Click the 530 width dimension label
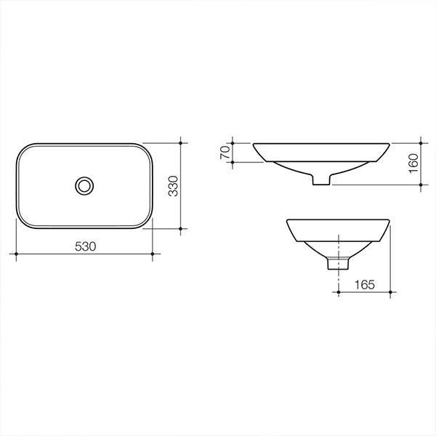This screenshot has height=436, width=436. [x=85, y=246]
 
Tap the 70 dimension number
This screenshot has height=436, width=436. [x=225, y=152]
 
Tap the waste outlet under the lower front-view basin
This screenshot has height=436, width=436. [x=335, y=263]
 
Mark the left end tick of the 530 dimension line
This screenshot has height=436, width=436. [x=16, y=254]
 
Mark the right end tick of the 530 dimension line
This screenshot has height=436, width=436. [x=152, y=254]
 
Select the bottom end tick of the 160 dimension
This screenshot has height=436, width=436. [x=422, y=185]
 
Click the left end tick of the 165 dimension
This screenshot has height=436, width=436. [x=339, y=292]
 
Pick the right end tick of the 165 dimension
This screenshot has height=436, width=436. [x=392, y=292]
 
